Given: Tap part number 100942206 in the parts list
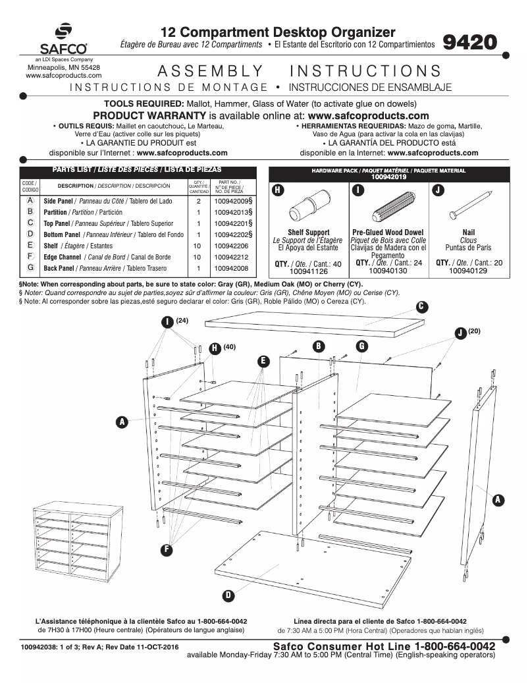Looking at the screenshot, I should point(231,245).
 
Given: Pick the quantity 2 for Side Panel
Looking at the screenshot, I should point(198,201).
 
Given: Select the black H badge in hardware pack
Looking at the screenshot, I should point(278,190).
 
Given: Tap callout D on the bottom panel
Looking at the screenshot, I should point(228,595).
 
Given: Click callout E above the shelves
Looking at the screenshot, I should point(263,361).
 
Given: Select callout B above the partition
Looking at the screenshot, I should point(318,346).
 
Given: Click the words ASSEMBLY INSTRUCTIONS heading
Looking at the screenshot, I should point(299,71).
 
